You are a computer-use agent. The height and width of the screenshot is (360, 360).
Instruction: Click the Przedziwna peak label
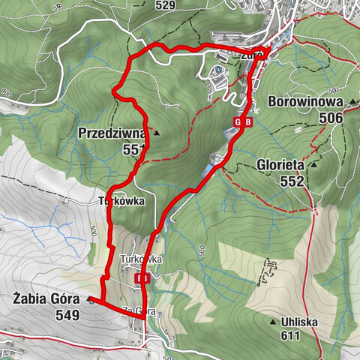pyautogui.click(x=112, y=133)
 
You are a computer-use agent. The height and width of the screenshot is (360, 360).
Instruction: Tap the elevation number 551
pyautogui.click(x=133, y=150)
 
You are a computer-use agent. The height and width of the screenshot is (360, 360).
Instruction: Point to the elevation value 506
pyautogui.click(x=330, y=118)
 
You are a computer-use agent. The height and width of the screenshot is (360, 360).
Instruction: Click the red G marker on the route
pyautogui.click(x=238, y=122)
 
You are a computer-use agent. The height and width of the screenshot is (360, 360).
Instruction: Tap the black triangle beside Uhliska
pyautogui.click(x=273, y=322)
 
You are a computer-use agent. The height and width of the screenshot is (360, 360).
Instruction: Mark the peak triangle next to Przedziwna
pyautogui.click(x=156, y=133)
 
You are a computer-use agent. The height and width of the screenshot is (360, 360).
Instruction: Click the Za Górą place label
pyautogui.click(x=139, y=310)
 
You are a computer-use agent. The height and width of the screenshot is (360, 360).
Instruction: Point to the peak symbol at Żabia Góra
pyautogui.click(x=90, y=300)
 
